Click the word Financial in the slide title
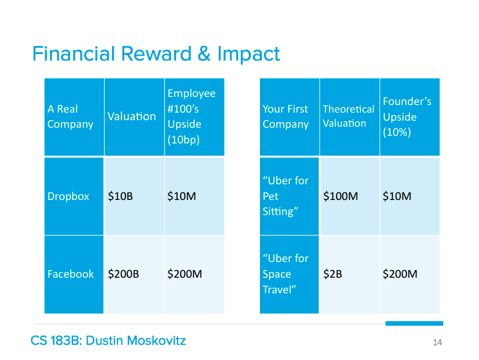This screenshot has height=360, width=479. (73, 54)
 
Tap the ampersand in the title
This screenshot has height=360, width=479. (204, 54)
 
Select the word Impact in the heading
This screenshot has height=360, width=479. (248, 55)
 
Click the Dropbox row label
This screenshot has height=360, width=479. (68, 196)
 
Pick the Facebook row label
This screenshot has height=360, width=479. (71, 274)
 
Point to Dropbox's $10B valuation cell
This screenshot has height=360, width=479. (120, 196)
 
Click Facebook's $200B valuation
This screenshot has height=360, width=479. (124, 274)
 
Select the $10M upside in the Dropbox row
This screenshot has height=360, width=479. (182, 196)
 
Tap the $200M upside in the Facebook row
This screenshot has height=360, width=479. (185, 274)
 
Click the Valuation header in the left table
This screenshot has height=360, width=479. (132, 117)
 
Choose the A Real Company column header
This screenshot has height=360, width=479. (70, 117)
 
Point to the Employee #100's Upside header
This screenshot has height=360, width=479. (191, 117)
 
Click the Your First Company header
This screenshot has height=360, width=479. (286, 117)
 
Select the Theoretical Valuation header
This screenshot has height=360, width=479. (349, 116)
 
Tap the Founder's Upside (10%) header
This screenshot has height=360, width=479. (407, 117)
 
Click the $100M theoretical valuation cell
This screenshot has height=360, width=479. (341, 196)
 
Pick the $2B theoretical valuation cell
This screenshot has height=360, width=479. (333, 274)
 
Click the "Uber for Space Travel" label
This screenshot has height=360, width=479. (286, 274)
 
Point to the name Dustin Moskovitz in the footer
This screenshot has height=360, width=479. (136, 340)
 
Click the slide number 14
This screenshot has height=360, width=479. (438, 342)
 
